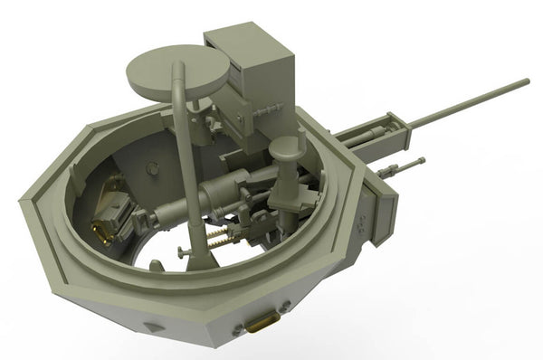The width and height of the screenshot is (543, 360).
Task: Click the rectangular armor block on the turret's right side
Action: (380, 208)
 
